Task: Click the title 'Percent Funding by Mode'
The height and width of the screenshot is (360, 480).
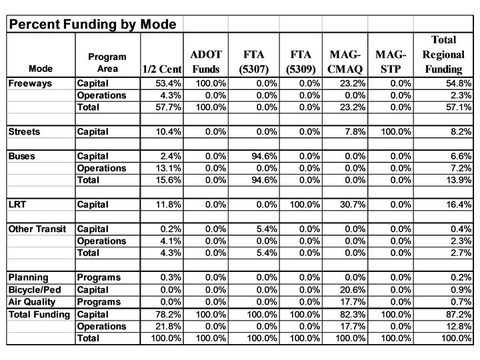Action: point(93,24)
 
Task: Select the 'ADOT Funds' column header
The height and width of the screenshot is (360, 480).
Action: point(206,61)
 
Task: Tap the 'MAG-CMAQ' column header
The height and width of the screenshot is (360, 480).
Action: point(345,61)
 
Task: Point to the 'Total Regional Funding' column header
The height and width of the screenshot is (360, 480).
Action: point(443,54)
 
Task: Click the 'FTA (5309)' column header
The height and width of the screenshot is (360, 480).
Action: point(301,61)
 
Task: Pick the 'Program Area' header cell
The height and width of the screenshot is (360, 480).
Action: point(107,63)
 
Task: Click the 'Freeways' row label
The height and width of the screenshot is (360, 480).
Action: point(30,83)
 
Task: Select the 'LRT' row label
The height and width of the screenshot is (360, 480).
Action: point(17,204)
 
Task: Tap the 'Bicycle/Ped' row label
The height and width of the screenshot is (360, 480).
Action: point(35,289)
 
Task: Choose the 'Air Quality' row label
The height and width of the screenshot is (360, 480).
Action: point(32,302)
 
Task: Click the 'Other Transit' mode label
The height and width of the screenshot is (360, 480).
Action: point(37,229)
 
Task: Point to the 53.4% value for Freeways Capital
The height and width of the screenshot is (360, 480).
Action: point(169,83)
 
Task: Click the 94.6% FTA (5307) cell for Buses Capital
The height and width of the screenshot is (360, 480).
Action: point(265,156)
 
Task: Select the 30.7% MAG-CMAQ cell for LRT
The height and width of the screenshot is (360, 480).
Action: point(353,204)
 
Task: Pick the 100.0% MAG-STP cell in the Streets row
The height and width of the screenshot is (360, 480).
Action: point(396,131)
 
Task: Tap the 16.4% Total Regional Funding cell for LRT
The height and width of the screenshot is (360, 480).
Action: point(459,204)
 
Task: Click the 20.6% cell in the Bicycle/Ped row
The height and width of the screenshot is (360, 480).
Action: point(353,289)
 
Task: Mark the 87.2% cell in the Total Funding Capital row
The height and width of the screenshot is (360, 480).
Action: point(459,315)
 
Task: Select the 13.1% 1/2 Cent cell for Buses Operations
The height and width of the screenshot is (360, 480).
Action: point(169,168)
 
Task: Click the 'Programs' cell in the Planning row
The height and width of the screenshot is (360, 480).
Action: point(99,277)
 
